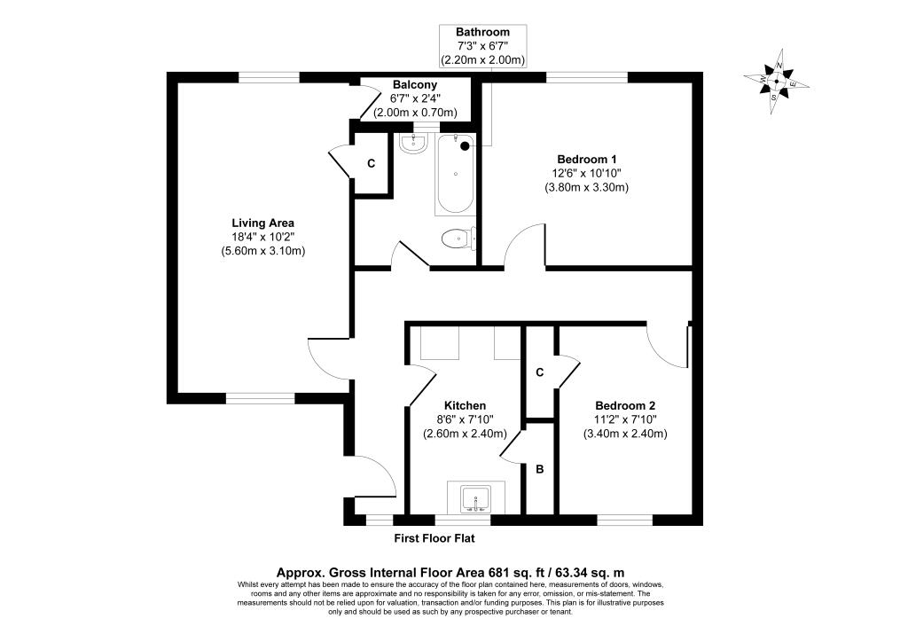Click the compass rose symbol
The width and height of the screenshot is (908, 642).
pyautogui.click(x=776, y=81)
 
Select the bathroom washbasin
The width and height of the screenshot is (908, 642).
pyautogui.click(x=413, y=144)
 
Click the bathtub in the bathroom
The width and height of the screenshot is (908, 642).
pyautogui.click(x=455, y=175)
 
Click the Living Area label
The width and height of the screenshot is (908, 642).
pyautogui.click(x=262, y=223)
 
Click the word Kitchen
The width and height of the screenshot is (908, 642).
pyautogui.click(x=465, y=406)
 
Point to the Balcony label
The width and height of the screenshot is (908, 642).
pyautogui.click(x=415, y=85)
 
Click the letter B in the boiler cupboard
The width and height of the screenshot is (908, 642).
pyautogui.click(x=540, y=469)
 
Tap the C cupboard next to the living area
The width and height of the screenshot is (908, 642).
pyautogui.click(x=372, y=164)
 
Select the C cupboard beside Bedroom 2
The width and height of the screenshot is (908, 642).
pyautogui.click(x=540, y=372)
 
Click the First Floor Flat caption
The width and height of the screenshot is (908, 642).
pyautogui.click(x=434, y=538)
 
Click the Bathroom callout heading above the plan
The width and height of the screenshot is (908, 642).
pyautogui.click(x=483, y=32)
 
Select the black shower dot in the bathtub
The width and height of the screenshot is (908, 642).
pyautogui.click(x=465, y=146)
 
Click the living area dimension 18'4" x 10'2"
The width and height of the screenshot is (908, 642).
pyautogui.click(x=262, y=237)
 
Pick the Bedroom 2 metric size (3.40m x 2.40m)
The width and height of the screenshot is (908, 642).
pyautogui.click(x=625, y=434)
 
